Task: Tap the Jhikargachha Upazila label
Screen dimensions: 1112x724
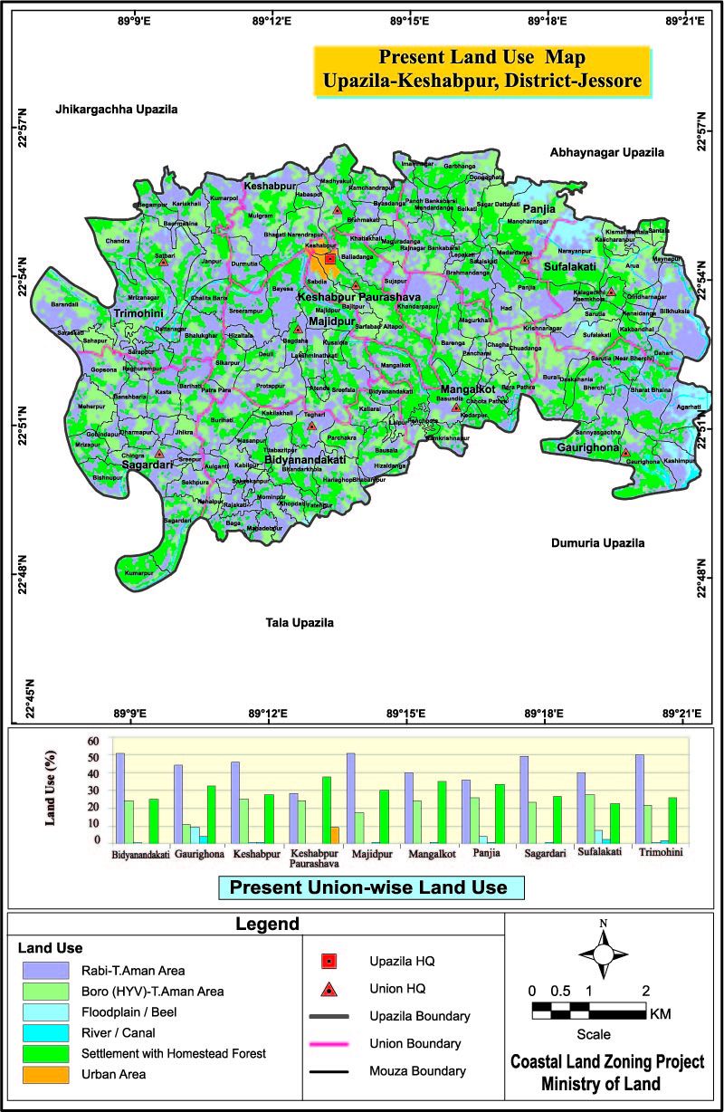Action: coord(116,110)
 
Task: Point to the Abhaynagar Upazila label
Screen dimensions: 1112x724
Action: coord(607,153)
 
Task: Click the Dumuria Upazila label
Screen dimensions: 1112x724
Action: coord(597,543)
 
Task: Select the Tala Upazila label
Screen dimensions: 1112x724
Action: coord(300,623)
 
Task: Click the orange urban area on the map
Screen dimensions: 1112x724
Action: coord(319,265)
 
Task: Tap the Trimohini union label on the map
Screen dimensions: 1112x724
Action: coord(138,313)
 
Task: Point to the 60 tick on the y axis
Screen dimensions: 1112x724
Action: coord(92,740)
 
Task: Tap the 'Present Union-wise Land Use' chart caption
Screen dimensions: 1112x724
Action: coord(368,887)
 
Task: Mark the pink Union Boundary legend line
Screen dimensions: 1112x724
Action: coord(329,1044)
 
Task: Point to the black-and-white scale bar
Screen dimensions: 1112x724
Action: coord(588,1011)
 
